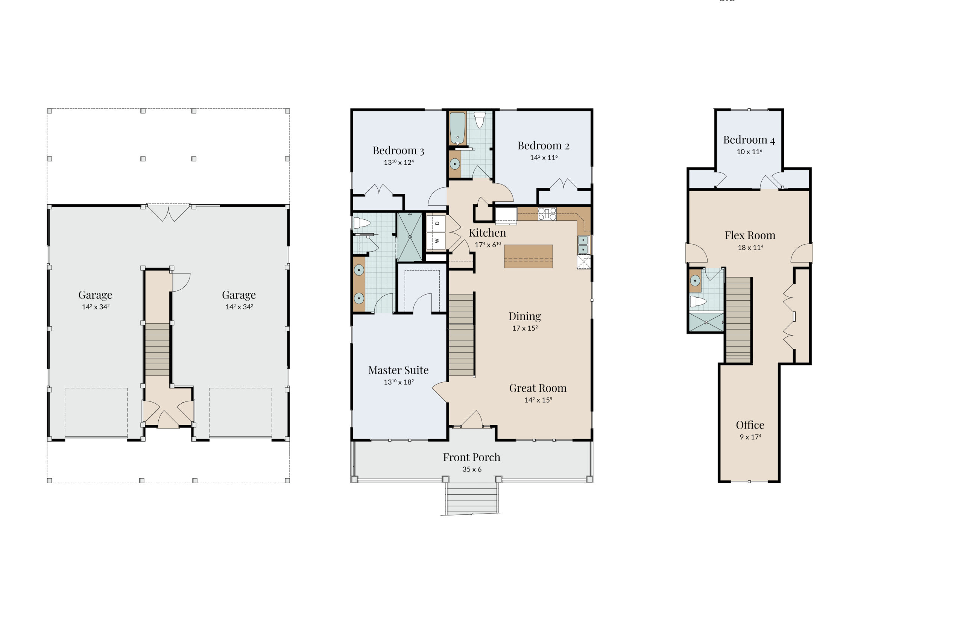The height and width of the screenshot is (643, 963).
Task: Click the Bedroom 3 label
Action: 398,150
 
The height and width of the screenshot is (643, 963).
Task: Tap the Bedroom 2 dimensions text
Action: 544,158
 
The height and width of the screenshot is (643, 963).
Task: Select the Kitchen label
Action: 487,233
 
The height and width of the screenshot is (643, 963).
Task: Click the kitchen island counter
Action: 528,256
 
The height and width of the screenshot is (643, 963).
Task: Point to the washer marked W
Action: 436,241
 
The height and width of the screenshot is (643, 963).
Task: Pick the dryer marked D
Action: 436,223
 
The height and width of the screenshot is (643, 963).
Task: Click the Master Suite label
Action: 398,370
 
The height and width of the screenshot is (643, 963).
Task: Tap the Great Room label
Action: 538,388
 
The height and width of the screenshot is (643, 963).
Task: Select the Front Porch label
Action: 471,457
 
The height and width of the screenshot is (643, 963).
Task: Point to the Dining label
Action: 524,316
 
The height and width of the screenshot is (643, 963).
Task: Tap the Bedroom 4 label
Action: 749,140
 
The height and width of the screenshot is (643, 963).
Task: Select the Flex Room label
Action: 750,235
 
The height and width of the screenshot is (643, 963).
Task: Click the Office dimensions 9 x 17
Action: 750,437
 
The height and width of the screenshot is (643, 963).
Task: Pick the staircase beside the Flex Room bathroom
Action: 738,320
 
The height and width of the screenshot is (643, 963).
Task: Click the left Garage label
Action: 95,295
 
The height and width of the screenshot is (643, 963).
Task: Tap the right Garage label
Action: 238,295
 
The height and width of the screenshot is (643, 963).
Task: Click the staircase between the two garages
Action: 157,350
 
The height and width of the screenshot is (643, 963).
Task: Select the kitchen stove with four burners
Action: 547,214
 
